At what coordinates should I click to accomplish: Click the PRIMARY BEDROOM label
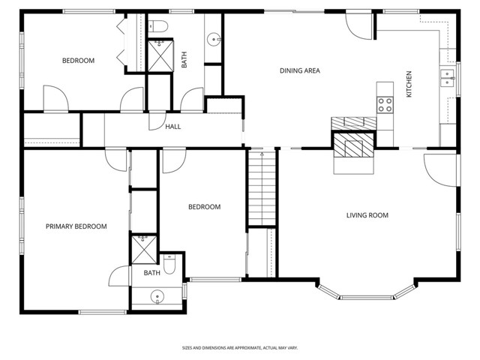[76, 226]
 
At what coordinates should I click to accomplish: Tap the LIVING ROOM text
[367, 215]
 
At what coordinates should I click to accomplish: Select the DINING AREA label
[300, 71]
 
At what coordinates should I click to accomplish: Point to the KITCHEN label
[409, 84]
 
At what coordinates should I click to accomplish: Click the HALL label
[172, 127]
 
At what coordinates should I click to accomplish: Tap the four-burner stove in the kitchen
[385, 104]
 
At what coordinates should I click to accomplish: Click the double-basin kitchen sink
[448, 78]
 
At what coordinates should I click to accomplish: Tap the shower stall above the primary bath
[142, 249]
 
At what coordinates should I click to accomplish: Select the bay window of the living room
[367, 293]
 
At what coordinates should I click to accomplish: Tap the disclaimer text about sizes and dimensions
[239, 348]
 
